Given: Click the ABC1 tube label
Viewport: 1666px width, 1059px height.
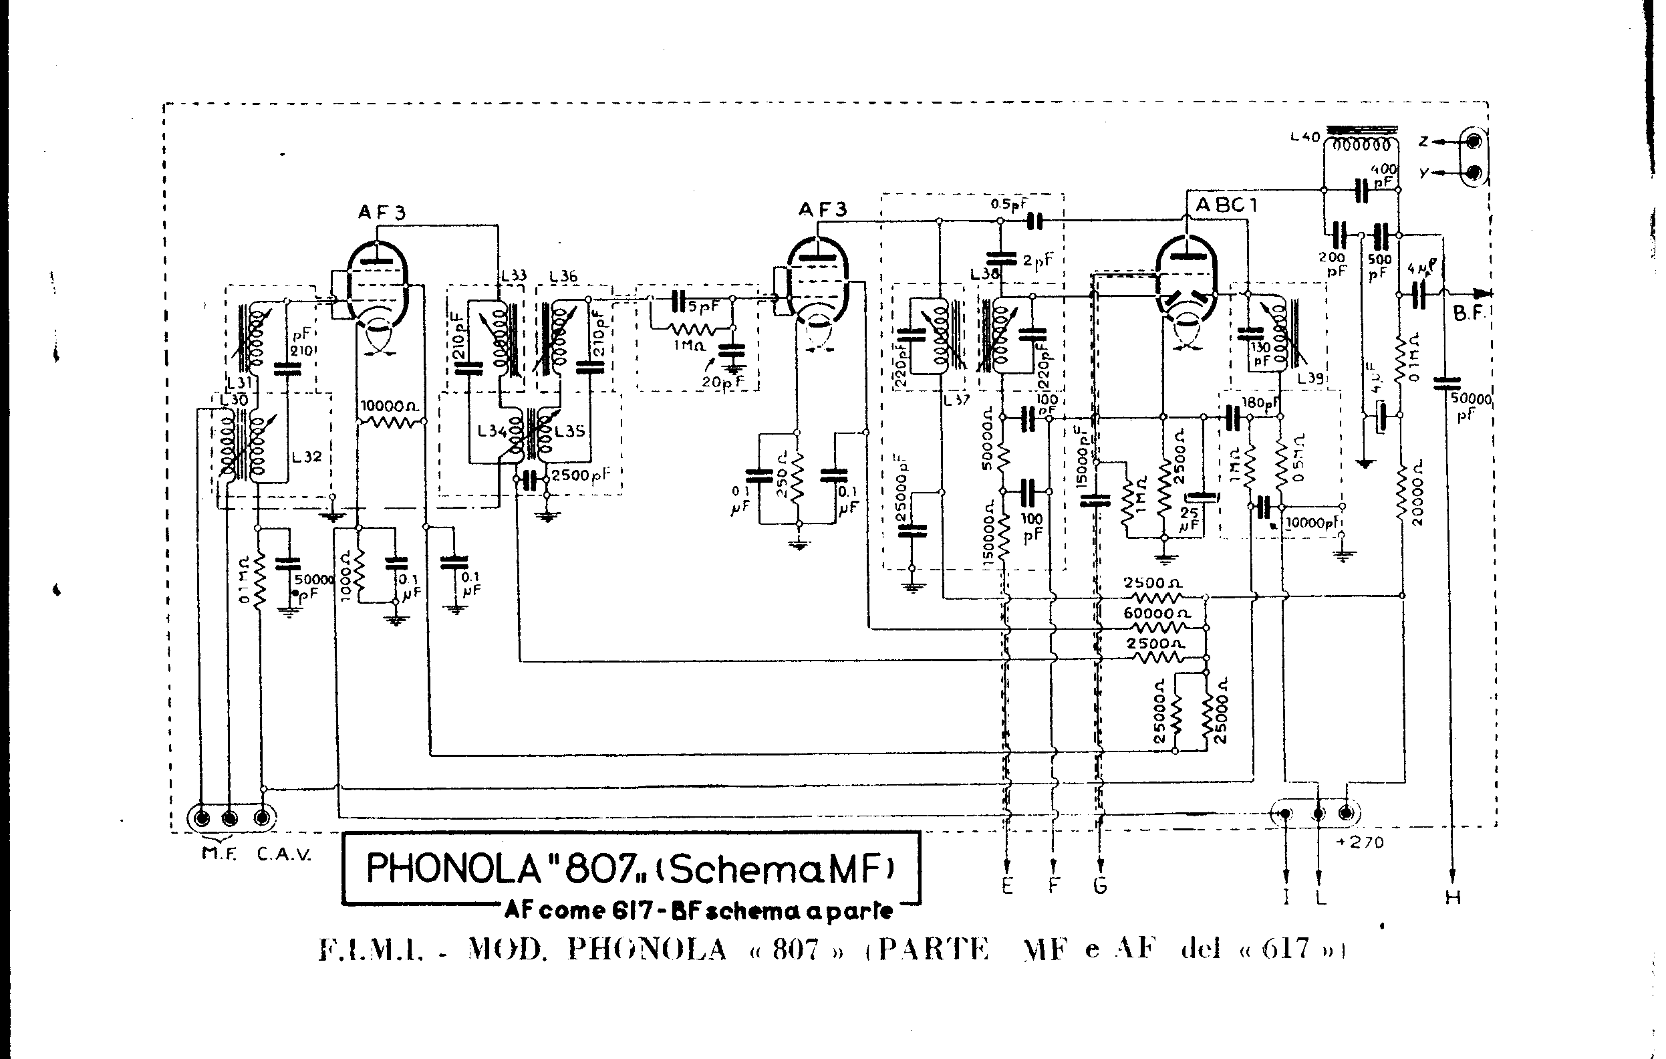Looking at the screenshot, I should [1226, 205].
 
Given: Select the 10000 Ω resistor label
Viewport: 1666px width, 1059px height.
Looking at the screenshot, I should [391, 406].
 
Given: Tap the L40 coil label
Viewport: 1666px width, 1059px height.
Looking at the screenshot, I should [1306, 138].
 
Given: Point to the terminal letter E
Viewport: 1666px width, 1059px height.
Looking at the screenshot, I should [1007, 885].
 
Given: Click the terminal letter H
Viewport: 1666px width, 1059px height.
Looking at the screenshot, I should [1453, 898].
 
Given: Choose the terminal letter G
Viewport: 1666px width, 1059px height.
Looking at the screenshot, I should [1100, 885].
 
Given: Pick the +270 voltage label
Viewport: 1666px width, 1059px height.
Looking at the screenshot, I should [1361, 842].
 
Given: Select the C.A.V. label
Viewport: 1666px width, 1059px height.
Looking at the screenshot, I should [283, 854].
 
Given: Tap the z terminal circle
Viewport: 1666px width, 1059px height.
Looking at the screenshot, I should [1473, 142].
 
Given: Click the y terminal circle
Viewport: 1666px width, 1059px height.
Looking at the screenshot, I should [1473, 172].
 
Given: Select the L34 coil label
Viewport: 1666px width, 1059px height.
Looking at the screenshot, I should [493, 431].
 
